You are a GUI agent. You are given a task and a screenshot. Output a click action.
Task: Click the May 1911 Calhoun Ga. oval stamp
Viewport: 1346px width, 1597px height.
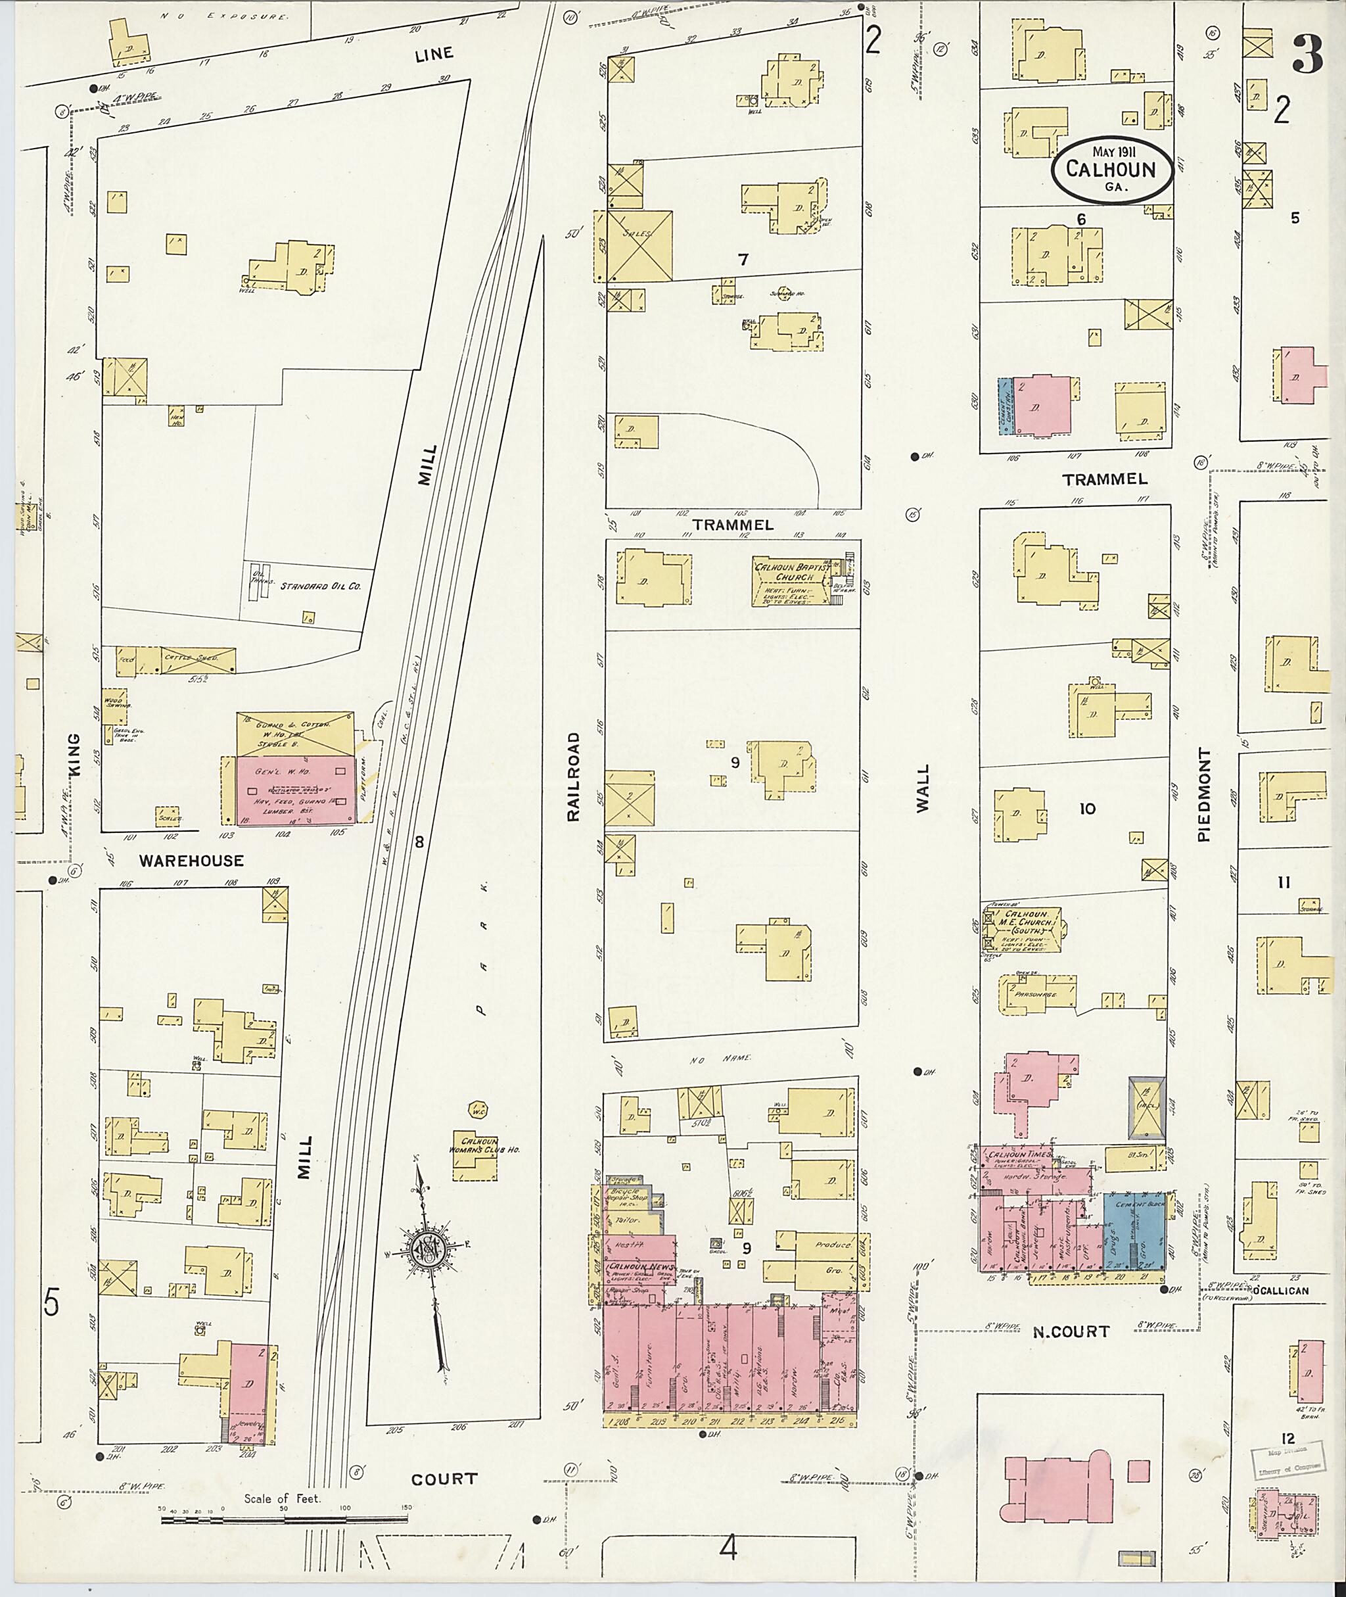(1114, 170)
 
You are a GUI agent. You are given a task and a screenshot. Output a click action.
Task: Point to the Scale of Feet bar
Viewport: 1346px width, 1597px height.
(286, 1519)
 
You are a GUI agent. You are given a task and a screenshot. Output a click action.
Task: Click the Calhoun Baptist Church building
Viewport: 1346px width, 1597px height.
(792, 579)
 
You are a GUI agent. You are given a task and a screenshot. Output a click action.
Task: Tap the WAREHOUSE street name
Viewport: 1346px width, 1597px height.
(191, 861)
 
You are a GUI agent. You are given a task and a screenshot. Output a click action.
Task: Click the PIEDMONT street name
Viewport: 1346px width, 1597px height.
(1204, 795)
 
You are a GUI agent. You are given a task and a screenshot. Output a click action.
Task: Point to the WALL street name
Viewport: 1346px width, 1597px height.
(923, 788)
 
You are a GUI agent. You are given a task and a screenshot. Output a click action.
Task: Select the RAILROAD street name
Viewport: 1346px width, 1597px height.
(574, 776)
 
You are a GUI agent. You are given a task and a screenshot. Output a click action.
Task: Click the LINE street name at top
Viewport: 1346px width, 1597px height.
(434, 53)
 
